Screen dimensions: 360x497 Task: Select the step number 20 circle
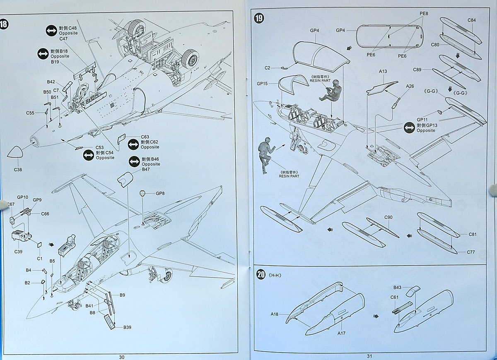261,274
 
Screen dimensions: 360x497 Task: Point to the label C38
18,170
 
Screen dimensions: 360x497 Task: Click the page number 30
121,357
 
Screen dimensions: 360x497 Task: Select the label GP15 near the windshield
262,83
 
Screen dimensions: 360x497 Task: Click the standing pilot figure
265,155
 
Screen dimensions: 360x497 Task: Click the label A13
383,71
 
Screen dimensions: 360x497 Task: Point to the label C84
472,20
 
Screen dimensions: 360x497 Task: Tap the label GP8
160,193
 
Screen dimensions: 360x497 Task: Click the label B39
127,327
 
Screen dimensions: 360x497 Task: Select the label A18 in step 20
274,314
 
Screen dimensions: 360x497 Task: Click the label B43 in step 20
397,287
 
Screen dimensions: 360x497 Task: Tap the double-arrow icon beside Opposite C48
51,30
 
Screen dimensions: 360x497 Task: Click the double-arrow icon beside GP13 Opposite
409,127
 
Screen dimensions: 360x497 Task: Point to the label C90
388,218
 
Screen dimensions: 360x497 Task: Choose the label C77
471,252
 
